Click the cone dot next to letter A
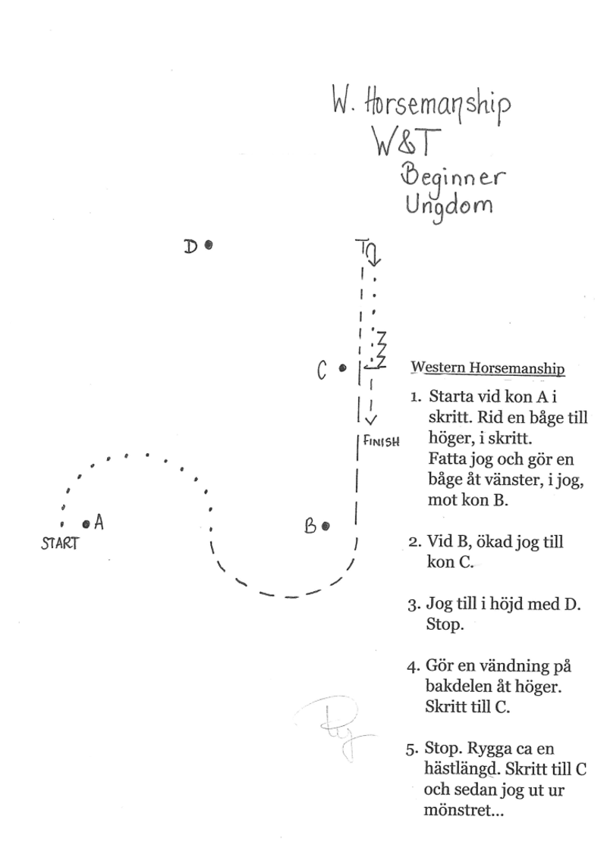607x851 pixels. [x=86, y=523]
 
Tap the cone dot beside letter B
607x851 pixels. [x=326, y=526]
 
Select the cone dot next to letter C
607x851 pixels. [x=342, y=368]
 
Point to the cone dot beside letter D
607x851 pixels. [x=208, y=245]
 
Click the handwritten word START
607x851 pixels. [x=60, y=543]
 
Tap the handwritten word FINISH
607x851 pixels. [x=382, y=440]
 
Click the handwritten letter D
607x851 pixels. [x=191, y=246]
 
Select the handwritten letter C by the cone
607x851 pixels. [x=322, y=371]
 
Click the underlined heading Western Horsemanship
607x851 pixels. [x=487, y=368]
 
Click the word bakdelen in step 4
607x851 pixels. [x=454, y=690]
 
